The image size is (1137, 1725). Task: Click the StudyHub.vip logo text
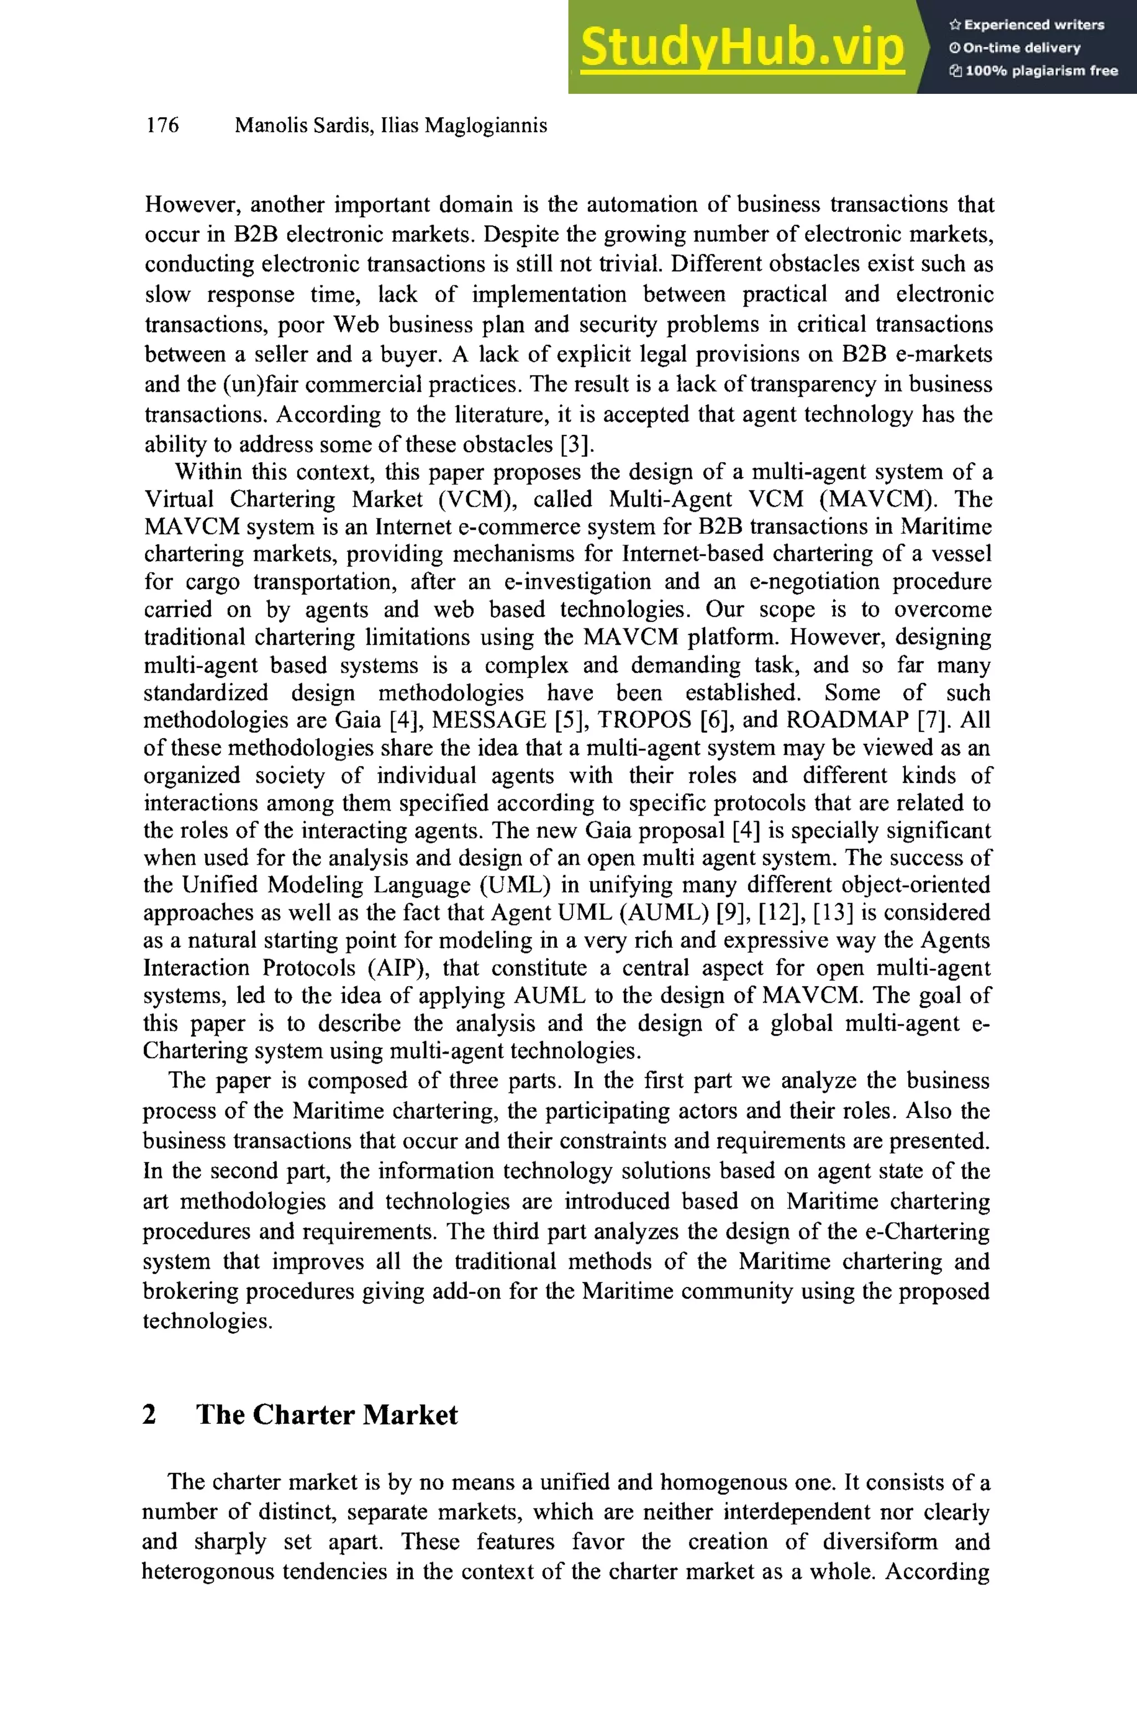coord(742,47)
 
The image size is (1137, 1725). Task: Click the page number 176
coord(163,126)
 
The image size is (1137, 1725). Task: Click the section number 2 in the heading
coord(149,1415)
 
